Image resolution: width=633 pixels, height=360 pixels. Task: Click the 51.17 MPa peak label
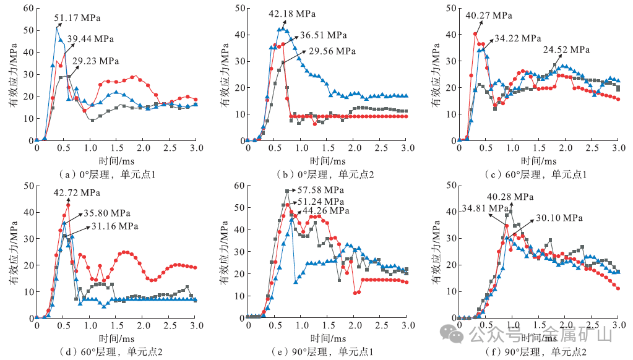79,19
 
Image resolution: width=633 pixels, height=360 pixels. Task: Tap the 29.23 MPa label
96,61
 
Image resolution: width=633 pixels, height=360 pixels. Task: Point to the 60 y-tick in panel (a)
27,8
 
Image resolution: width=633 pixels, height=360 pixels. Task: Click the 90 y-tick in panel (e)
239,185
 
